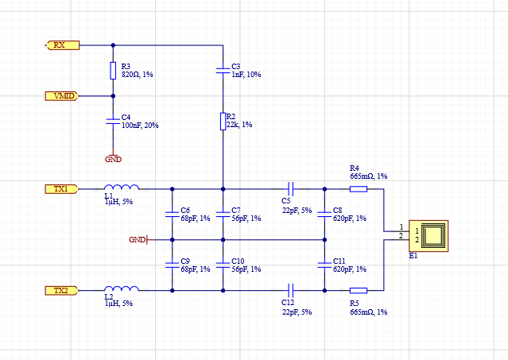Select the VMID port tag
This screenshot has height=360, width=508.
[x=61, y=96]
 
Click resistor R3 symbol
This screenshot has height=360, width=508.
[x=113, y=71]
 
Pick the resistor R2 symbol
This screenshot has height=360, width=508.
[x=223, y=121]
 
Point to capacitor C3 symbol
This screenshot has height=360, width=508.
[x=223, y=71]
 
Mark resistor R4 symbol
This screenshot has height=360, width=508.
[x=359, y=189]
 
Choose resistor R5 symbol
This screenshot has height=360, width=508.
[x=359, y=291]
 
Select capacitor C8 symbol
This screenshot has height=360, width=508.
[x=324, y=214]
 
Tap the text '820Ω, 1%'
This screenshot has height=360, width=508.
[x=138, y=74]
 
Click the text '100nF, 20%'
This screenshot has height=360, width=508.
[x=140, y=125]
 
